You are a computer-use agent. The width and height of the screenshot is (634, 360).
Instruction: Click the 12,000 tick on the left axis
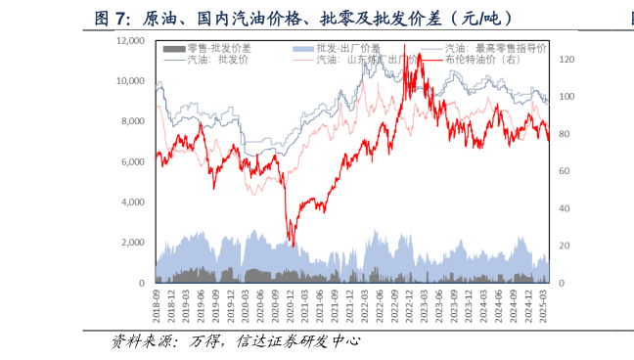click(130, 40)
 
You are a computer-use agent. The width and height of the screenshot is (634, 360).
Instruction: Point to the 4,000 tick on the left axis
click(132, 202)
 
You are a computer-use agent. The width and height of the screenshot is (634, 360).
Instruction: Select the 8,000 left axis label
click(132, 121)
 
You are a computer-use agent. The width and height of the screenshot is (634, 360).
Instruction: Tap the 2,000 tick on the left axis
click(132, 243)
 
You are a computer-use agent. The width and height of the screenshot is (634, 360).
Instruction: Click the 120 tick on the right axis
click(565, 60)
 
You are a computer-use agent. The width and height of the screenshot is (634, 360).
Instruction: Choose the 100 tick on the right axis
click(565, 97)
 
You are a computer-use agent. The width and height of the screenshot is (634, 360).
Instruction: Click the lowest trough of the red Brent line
click(291, 246)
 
